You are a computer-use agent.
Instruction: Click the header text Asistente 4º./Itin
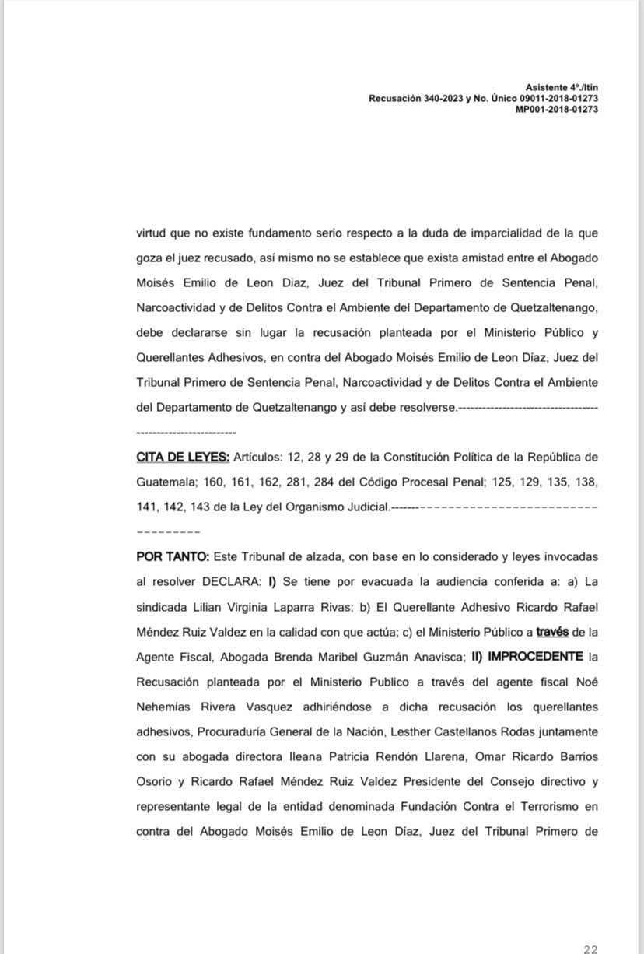point(562,88)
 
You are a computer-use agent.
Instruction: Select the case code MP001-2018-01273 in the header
point(557,110)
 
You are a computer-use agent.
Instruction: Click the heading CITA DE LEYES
point(183,457)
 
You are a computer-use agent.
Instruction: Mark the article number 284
point(324,482)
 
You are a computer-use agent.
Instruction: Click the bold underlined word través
point(552,632)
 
